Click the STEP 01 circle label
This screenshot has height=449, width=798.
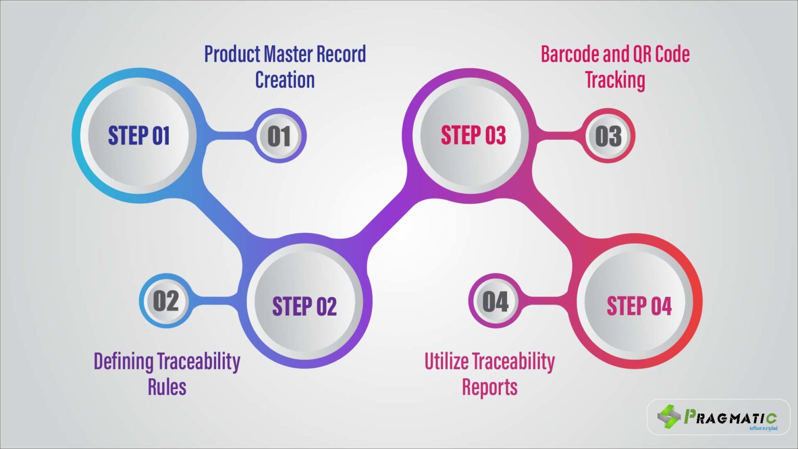pyautogui.click(x=139, y=136)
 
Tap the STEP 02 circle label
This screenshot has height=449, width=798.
pyautogui.click(x=304, y=306)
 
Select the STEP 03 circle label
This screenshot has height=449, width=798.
pyautogui.click(x=473, y=136)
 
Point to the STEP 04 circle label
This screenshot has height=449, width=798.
pyautogui.click(x=639, y=306)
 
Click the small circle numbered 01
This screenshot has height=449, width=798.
pyautogui.click(x=279, y=136)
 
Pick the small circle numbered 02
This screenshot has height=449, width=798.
pyautogui.click(x=166, y=301)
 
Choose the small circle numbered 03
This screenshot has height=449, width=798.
pyautogui.click(x=608, y=136)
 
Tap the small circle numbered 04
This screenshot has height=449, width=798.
pyautogui.click(x=495, y=301)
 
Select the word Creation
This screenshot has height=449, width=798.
pyautogui.click(x=285, y=80)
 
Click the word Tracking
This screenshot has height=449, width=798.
pyautogui.click(x=615, y=80)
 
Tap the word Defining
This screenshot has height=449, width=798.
pyautogui.click(x=123, y=361)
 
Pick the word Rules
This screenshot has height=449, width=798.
pyautogui.click(x=167, y=387)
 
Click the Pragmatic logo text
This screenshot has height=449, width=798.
pyautogui.click(x=730, y=417)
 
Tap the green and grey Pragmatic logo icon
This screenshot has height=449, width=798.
pyautogui.click(x=669, y=416)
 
